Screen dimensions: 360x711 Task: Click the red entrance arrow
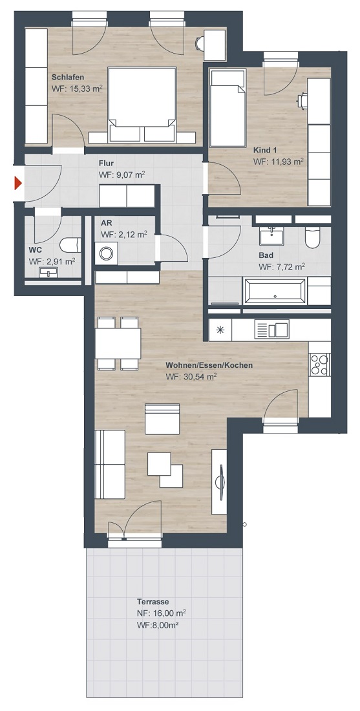[x=18, y=183]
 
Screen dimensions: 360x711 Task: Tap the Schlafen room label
[x=68, y=77]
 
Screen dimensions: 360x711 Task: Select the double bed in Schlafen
[x=142, y=104]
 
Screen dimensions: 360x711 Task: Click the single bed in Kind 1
[x=228, y=108]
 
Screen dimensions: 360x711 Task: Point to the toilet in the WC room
[x=70, y=245]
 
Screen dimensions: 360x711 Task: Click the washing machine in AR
[x=106, y=253]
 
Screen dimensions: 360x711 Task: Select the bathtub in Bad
[x=275, y=290]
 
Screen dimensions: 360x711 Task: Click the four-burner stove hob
[x=320, y=365]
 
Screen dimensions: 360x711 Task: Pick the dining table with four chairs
[x=118, y=344]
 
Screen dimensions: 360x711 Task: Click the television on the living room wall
[x=221, y=482]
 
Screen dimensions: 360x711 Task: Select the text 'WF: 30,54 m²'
[x=191, y=376]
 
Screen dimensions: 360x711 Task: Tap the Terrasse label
[x=153, y=602]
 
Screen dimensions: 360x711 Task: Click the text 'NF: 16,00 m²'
[x=162, y=613]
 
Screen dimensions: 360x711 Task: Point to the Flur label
[x=106, y=164]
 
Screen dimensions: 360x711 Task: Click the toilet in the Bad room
[x=312, y=238]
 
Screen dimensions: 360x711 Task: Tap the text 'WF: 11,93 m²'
[x=279, y=161]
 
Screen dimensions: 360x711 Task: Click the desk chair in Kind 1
[x=302, y=101]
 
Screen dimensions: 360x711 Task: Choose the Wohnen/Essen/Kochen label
[x=209, y=365]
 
